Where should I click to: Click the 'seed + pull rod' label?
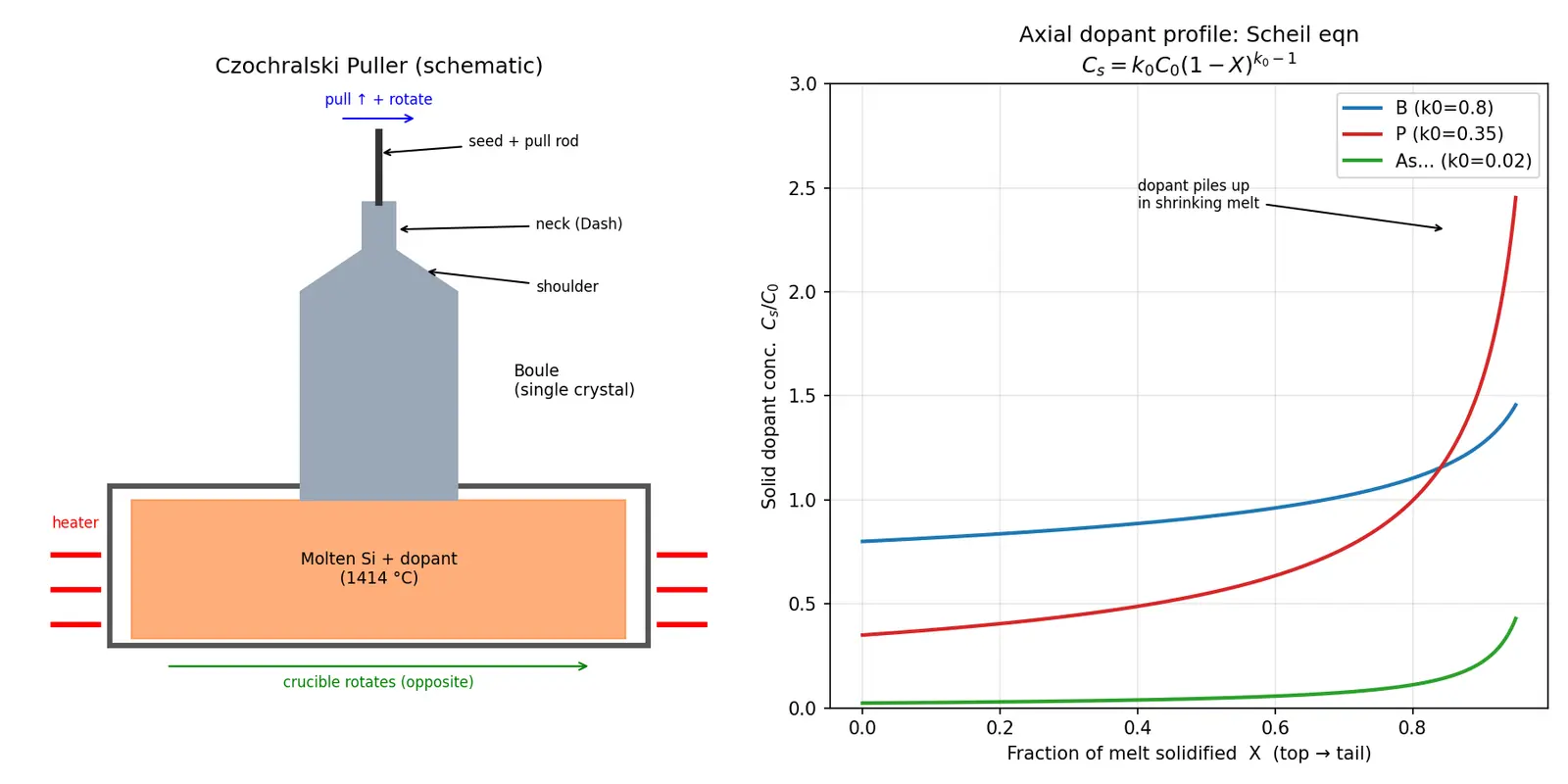click(523, 141)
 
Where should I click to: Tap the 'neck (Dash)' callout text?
click(579, 224)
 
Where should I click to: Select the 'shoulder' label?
click(567, 287)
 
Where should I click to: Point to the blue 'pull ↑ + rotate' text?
click(378, 99)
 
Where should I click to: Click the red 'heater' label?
click(75, 523)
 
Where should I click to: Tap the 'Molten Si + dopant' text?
click(378, 559)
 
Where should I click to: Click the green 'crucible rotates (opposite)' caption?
click(378, 682)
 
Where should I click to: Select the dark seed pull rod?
click(378, 168)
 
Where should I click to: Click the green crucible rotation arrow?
click(378, 666)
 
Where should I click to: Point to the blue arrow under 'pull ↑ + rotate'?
click(378, 119)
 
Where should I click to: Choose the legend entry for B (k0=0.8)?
click(1418, 108)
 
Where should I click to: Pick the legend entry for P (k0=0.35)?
click(1423, 133)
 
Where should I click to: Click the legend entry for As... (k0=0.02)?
click(1437, 161)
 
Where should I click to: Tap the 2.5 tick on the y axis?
click(803, 188)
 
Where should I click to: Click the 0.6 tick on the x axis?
click(1275, 728)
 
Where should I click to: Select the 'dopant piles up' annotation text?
click(1194, 185)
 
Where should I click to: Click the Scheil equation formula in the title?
click(1189, 64)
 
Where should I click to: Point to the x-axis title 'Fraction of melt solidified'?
click(1121, 754)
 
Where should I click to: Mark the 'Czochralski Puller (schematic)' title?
click(378, 66)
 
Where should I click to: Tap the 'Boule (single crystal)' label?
click(574, 380)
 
